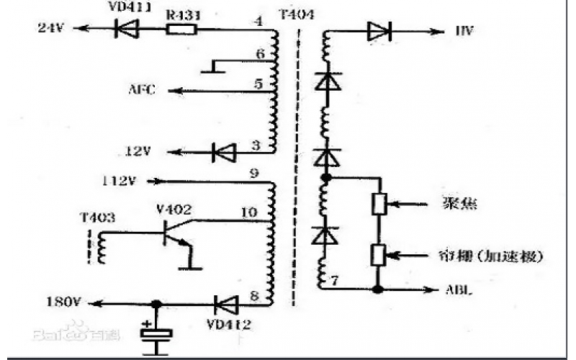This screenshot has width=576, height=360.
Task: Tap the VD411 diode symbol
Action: click(127, 30)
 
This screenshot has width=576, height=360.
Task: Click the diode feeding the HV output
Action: click(378, 31)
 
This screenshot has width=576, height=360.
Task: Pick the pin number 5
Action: click(257, 84)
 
